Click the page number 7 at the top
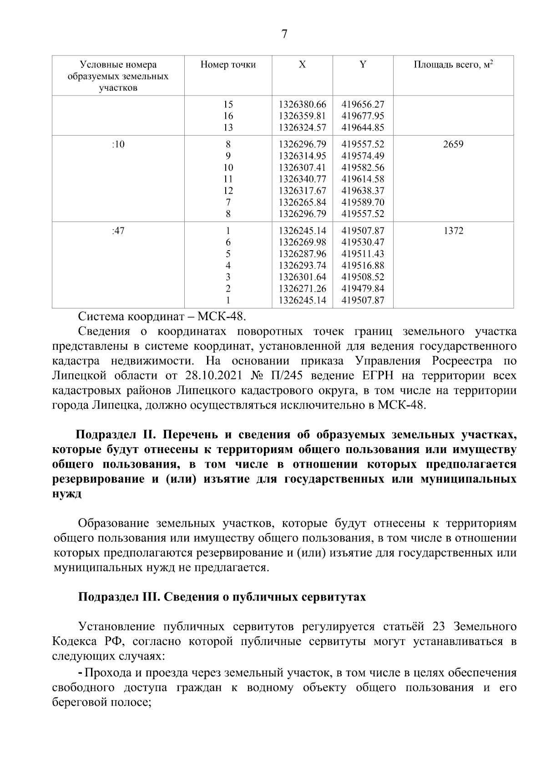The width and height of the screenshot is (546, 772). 284,35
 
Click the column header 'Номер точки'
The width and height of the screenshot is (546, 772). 228,65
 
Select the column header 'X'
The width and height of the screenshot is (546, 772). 302,65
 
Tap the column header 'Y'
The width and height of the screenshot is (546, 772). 363,65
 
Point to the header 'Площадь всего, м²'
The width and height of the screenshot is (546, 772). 453,65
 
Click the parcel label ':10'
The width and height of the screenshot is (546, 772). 118,145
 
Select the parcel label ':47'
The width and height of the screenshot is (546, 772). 118,231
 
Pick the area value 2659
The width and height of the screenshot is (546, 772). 453,145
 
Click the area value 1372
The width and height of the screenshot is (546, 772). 453,231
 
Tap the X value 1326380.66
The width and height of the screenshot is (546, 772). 302,104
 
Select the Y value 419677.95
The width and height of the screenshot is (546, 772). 363,116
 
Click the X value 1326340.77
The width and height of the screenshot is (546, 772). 302,179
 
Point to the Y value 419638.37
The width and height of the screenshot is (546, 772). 363,191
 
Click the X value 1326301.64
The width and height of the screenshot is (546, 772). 302,277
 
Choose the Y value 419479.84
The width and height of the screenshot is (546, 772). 363,288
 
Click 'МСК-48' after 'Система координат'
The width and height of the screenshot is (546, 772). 220,316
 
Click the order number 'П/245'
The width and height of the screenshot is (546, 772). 284,376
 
